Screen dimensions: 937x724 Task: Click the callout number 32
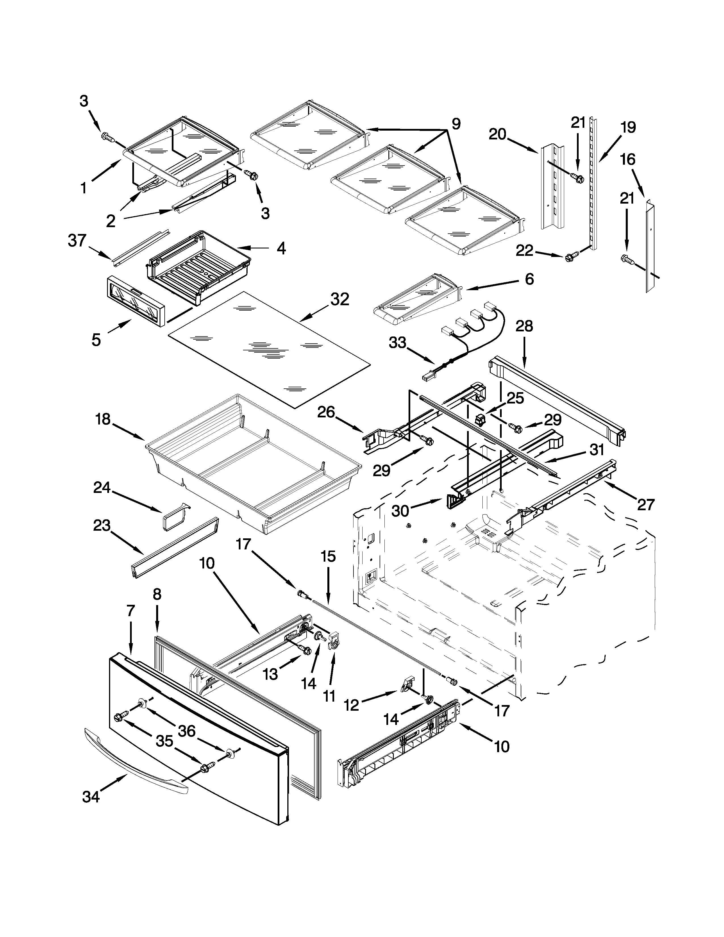(339, 300)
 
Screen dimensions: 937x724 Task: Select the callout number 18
(103, 419)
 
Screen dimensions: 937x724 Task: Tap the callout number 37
(77, 241)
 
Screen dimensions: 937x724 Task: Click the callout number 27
(646, 505)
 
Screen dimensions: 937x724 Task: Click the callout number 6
(529, 279)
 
